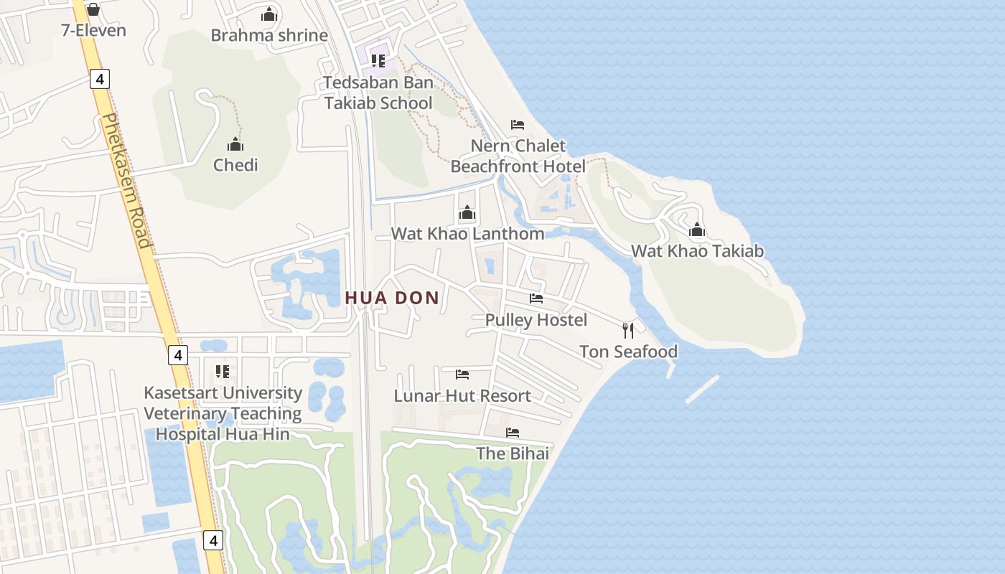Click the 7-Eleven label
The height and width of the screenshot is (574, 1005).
click(x=93, y=30)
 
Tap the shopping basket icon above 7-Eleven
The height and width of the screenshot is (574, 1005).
click(x=93, y=9)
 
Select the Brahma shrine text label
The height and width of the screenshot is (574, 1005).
click(x=269, y=35)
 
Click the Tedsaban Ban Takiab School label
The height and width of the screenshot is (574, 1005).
click(x=378, y=93)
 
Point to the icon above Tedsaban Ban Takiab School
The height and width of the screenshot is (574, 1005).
click(x=378, y=60)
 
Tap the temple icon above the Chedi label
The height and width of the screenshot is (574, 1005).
click(x=235, y=144)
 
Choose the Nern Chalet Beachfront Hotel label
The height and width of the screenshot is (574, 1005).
click(x=518, y=156)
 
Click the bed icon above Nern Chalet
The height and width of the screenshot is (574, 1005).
click(x=518, y=125)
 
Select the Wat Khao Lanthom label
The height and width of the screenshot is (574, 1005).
click(x=467, y=234)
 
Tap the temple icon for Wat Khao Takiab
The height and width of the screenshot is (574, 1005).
click(x=697, y=230)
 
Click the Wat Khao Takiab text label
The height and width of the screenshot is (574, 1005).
click(x=697, y=251)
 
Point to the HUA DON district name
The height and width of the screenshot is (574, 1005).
click(x=392, y=298)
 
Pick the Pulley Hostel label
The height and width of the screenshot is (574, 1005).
click(x=536, y=320)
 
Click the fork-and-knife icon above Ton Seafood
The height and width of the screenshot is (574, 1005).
click(x=628, y=330)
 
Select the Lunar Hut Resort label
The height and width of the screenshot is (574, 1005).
click(x=462, y=396)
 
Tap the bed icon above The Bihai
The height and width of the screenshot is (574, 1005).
click(x=513, y=433)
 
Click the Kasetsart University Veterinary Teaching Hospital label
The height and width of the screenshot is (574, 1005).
click(x=223, y=413)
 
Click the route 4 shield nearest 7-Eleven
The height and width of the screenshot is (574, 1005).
click(x=100, y=78)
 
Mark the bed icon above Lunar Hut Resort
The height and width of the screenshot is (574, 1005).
click(x=462, y=375)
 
